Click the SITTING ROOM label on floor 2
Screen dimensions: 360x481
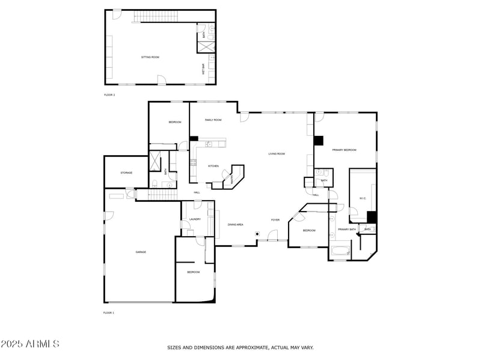coord(150,57)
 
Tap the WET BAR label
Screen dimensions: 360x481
coord(203,69)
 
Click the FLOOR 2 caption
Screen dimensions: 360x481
coord(109,95)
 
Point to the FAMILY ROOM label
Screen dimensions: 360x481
coord(213,120)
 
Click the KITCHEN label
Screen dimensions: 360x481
coord(213,166)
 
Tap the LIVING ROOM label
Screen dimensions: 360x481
coord(277,154)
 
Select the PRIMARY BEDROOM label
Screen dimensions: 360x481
coord(345,150)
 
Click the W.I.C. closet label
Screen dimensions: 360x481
coord(363,198)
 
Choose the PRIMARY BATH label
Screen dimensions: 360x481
coord(346,230)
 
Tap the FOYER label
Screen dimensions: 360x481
coord(275,220)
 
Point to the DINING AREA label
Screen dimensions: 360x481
coord(235,225)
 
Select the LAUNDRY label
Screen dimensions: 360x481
coord(195,219)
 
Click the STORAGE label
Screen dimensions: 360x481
coord(126,173)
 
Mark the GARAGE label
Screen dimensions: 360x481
coord(141,252)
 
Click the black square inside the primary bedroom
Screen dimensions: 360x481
coord(319,141)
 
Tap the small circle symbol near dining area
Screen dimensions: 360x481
coord(257,233)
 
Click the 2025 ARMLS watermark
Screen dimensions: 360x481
coord(30,344)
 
